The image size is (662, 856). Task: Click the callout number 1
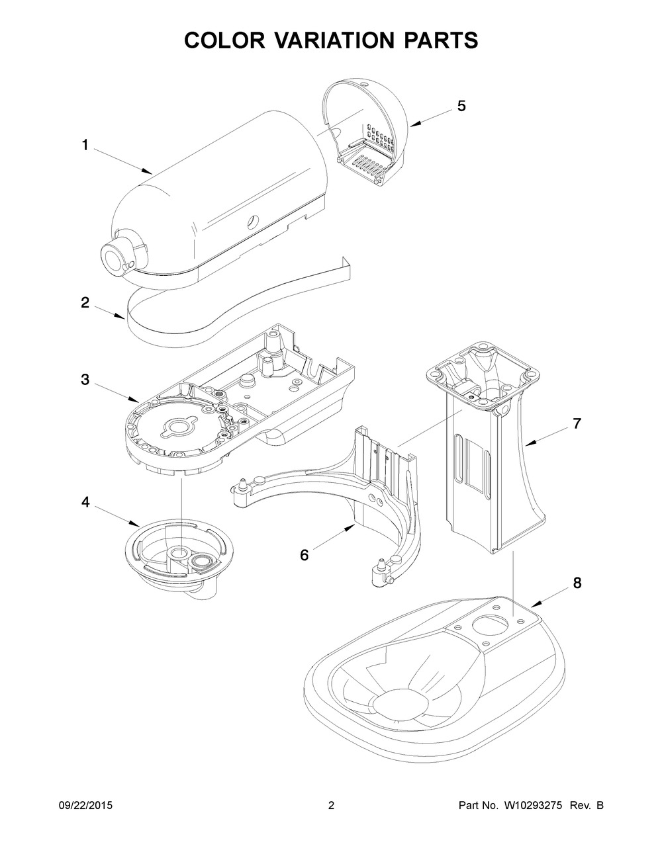(85, 145)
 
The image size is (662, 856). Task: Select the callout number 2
(85, 302)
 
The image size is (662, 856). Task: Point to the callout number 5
(461, 105)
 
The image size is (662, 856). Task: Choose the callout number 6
(304, 554)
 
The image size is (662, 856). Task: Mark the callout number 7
(577, 424)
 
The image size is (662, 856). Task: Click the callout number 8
(577, 583)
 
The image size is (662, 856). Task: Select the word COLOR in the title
(220, 40)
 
